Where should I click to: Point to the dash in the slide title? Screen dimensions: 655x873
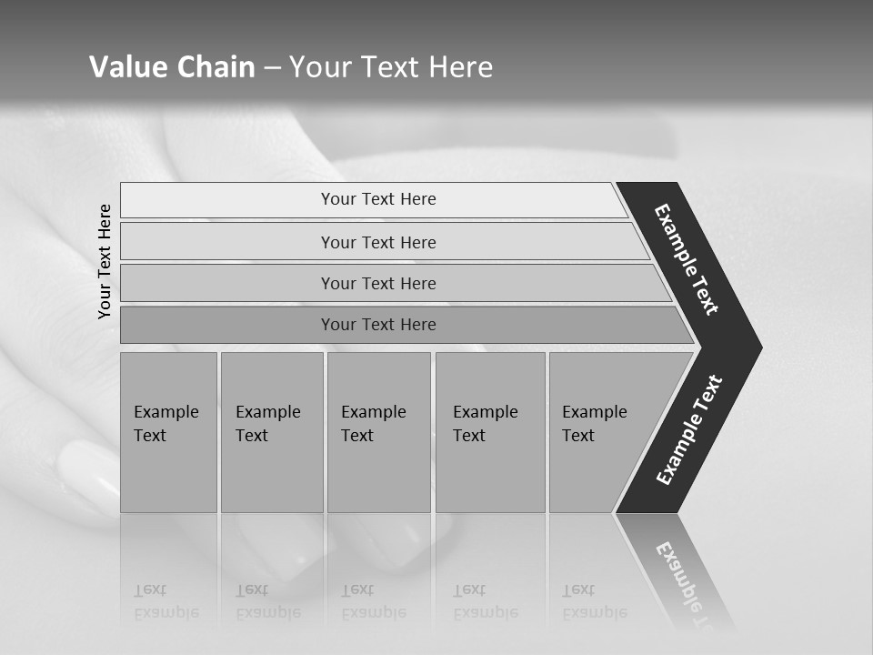click(x=273, y=68)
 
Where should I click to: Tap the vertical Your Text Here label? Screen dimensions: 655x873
click(x=105, y=261)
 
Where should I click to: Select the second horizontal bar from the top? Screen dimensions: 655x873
click(x=377, y=242)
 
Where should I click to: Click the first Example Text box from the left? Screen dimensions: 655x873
click(x=168, y=432)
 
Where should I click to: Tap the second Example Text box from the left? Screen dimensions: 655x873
click(x=271, y=432)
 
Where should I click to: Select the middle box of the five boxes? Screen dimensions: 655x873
click(x=378, y=432)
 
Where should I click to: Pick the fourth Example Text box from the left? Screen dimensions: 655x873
click(x=489, y=432)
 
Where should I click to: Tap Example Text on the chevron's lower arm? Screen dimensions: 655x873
click(x=690, y=429)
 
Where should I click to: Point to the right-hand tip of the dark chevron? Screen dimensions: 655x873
click(x=759, y=348)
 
